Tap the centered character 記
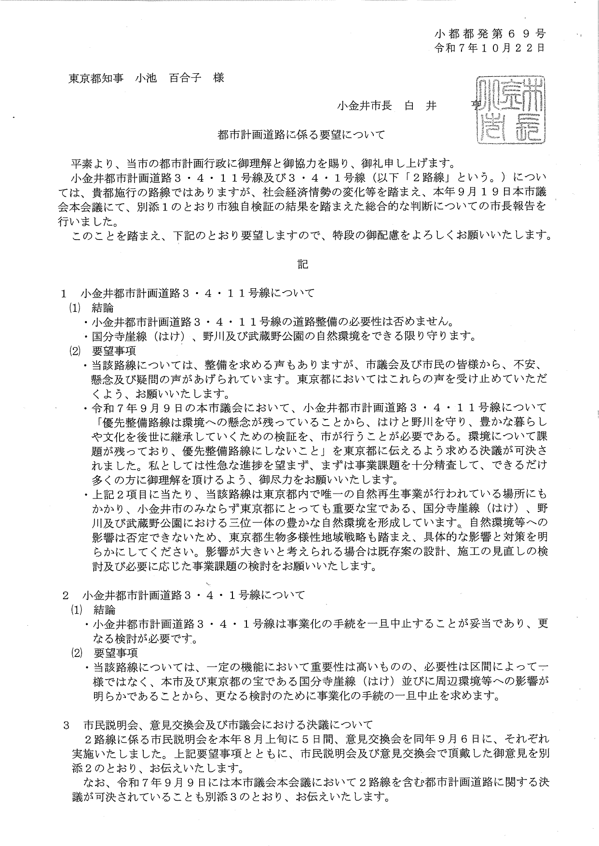point(302,264)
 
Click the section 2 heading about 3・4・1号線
point(193,595)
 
